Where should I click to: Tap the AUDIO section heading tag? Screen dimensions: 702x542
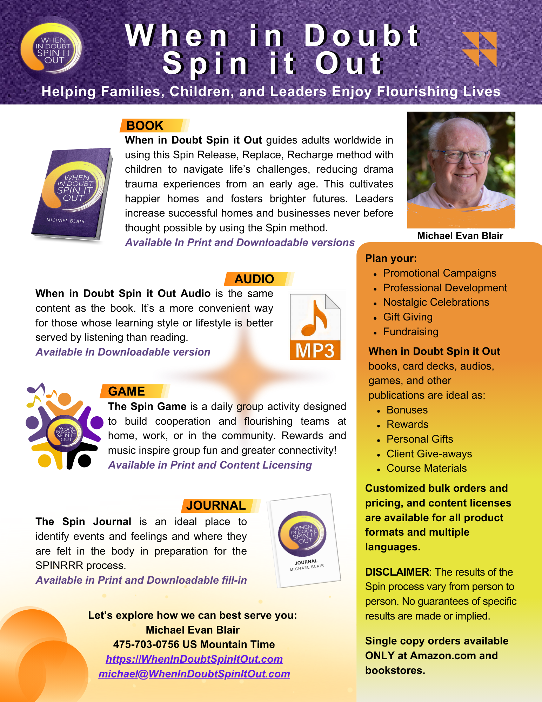254,279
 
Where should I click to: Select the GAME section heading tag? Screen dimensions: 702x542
127,391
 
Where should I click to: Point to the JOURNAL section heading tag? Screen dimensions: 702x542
216,505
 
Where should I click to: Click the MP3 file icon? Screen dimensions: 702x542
315,327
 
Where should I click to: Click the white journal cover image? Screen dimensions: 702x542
304,541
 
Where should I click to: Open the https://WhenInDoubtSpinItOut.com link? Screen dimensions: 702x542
194,659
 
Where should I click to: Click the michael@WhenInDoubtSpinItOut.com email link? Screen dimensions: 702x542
194,674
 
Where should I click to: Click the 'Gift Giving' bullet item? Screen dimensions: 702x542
408,317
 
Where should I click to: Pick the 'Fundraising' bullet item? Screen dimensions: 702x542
411,332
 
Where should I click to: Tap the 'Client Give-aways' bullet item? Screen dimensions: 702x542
429,454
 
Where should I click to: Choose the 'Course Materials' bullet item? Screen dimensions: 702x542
427,468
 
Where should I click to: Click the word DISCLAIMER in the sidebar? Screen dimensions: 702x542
397,572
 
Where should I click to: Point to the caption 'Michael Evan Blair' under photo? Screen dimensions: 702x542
460,236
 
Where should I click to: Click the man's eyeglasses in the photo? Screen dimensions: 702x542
460,157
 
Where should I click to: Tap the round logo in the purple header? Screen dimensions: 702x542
51,49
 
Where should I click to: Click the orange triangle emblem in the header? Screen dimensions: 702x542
480,49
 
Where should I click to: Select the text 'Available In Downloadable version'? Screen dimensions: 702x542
123,352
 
